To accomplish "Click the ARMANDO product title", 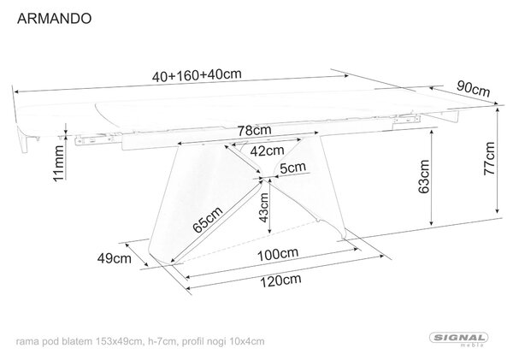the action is click(55, 19).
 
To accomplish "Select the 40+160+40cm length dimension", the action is click(197, 75).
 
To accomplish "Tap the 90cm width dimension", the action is click(473, 89).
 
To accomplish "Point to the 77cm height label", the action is click(489, 158).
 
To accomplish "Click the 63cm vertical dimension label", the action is click(424, 177).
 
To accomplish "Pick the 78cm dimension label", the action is click(254, 130).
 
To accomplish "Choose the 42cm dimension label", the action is click(267, 150).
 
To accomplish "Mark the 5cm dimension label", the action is click(292, 168).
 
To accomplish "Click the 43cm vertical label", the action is click(263, 208).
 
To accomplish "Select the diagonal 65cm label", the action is click(208, 220).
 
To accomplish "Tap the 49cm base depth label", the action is click(115, 258).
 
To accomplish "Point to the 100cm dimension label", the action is click(278, 254).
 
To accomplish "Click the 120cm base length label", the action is click(280, 280).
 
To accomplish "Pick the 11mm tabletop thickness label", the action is click(58, 163).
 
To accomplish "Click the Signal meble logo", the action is click(458, 339).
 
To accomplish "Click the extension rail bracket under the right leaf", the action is click(406, 119).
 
